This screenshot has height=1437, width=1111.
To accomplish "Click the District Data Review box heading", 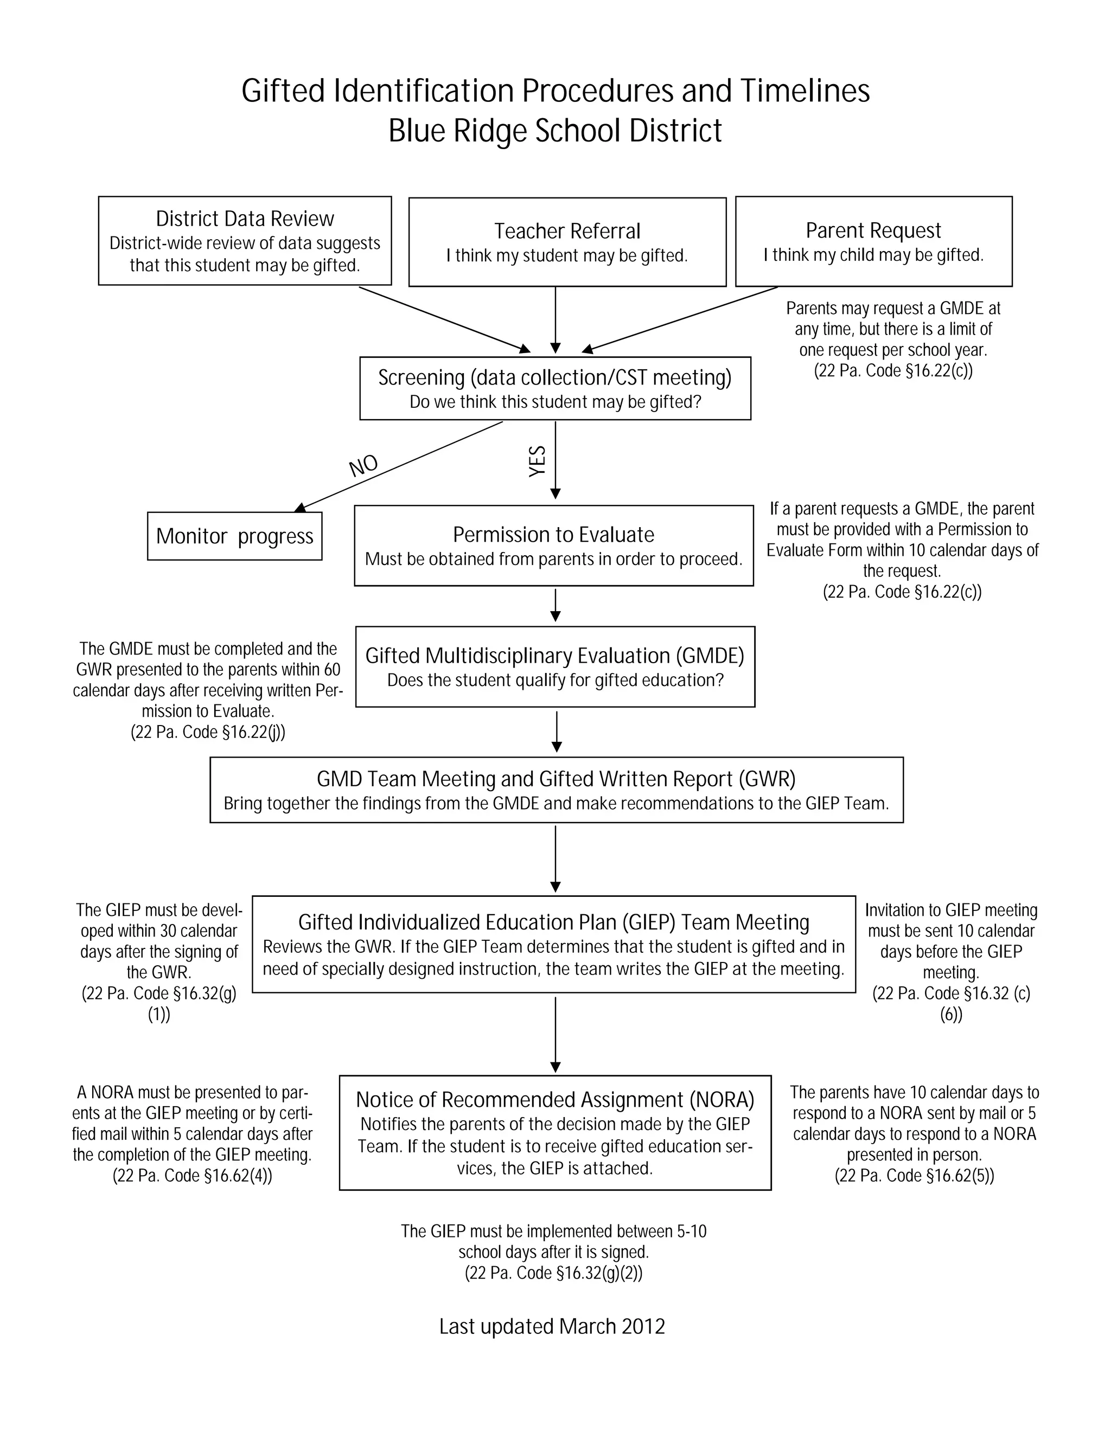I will click(x=245, y=219).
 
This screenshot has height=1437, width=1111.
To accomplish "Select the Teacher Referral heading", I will click(x=567, y=231).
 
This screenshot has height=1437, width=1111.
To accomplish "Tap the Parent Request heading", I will click(x=873, y=230).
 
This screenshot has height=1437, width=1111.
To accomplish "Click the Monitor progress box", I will click(x=234, y=536).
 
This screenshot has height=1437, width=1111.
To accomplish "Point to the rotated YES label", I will click(x=538, y=461).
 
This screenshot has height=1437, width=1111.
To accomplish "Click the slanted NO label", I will click(x=363, y=465).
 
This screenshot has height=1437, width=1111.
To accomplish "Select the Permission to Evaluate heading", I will click(x=553, y=534).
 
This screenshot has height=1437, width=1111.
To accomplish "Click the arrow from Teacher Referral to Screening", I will click(x=555, y=319).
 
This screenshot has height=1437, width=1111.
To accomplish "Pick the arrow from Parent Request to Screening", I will click(x=681, y=318).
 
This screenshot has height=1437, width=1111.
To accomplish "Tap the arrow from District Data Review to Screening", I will click(x=444, y=319).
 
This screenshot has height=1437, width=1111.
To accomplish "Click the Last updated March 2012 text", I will click(x=552, y=1326).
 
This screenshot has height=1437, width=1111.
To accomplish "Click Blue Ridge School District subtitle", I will click(x=555, y=130).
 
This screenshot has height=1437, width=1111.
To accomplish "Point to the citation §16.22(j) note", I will click(x=208, y=732).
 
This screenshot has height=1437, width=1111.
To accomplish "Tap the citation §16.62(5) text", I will click(x=914, y=1175).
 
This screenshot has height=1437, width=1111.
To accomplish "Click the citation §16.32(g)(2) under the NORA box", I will click(x=553, y=1273).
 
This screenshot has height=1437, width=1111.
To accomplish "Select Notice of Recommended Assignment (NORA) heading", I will click(x=555, y=1100).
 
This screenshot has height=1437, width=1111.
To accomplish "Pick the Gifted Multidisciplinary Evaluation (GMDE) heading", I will click(x=555, y=656).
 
